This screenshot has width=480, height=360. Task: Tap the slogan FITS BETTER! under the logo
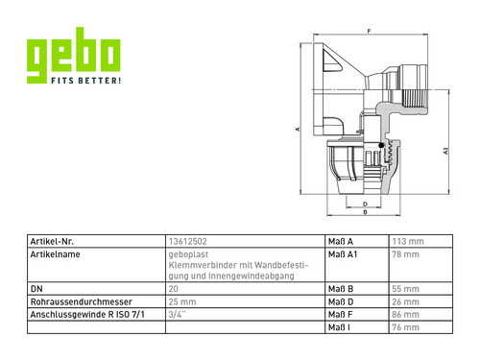tap(86, 81)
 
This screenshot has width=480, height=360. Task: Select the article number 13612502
tap(188, 241)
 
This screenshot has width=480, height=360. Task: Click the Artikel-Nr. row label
tap(52, 241)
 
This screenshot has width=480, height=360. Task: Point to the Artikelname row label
tap(55, 254)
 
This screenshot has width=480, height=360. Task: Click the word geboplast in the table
tap(188, 254)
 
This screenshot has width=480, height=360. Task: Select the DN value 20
tap(173, 289)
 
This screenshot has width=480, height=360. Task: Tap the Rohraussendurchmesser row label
tap(81, 301)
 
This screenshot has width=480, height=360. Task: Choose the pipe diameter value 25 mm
tap(182, 301)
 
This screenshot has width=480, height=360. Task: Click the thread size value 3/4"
tap(177, 315)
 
